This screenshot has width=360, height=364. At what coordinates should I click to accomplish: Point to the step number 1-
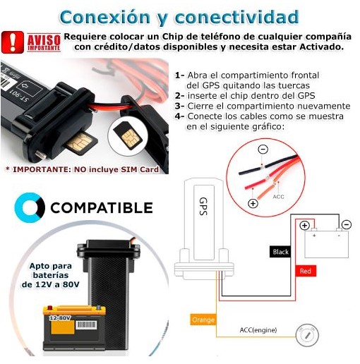179,75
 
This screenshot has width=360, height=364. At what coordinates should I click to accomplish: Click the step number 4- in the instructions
180,116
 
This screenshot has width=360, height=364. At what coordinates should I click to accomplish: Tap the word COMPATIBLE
101,208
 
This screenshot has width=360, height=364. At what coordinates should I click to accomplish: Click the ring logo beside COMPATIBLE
30,207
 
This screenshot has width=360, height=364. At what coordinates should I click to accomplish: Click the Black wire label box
280,252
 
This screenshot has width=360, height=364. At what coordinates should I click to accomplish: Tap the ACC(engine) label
258,329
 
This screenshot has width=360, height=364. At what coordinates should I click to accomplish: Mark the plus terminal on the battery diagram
305,226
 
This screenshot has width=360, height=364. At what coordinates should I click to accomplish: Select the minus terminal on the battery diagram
346,225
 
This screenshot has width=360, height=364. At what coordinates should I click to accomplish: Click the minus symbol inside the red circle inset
263,150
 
